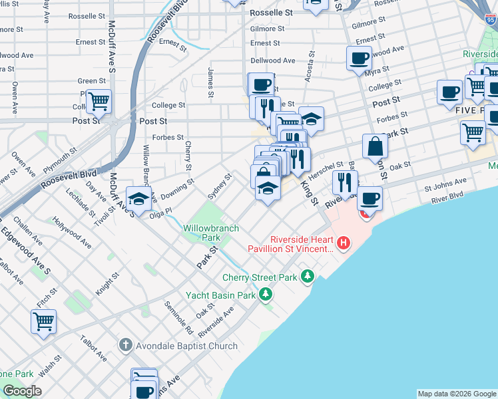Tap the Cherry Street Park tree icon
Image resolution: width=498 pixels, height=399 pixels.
(307, 275)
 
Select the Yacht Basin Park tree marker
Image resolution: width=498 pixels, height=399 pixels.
(266, 293)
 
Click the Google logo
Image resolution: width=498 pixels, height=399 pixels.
(22, 391)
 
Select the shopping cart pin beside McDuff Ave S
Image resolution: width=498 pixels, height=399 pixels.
(99, 102)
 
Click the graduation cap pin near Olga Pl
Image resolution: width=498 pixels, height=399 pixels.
(138, 198)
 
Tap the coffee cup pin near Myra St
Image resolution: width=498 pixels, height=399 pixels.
(360, 58)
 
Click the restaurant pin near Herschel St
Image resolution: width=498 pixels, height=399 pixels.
(345, 182)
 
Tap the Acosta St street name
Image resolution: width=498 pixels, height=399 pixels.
(309, 67)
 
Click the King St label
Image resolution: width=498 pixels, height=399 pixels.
(310, 193)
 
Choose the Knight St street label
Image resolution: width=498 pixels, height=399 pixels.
(107, 283)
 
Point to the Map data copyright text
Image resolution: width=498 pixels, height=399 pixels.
(457, 394)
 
